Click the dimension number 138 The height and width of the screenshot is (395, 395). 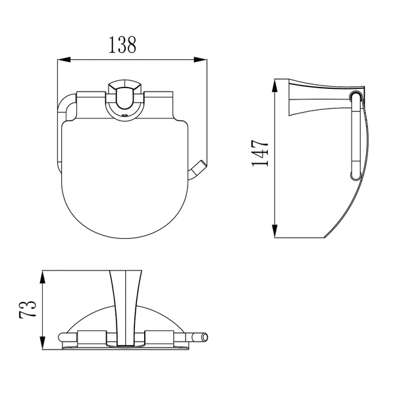(122, 45)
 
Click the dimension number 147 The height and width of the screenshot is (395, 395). (260, 153)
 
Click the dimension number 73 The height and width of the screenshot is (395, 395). (28, 309)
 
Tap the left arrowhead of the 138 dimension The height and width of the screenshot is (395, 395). (64, 60)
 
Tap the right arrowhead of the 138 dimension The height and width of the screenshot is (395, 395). (201, 60)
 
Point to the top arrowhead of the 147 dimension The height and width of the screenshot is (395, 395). (275, 85)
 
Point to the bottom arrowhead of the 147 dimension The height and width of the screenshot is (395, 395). (275, 231)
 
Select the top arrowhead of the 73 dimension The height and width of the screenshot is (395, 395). (43, 277)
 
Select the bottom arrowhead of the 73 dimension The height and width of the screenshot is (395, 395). (43, 342)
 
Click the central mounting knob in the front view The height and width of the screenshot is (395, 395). (124, 99)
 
